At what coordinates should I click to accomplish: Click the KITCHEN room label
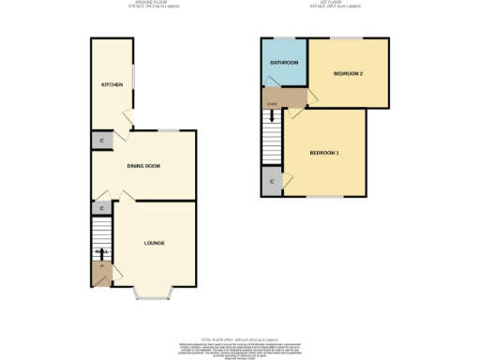[112, 84]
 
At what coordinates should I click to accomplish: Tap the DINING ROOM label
[144, 166]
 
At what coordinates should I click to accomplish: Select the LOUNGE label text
[155, 243]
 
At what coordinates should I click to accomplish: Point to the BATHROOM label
[284, 63]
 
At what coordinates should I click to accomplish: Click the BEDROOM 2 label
[348, 72]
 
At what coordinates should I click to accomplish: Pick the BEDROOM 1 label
[324, 152]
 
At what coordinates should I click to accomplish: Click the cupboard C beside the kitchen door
[102, 141]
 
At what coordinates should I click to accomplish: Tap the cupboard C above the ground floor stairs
[101, 209]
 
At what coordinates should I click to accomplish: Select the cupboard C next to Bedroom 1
[272, 181]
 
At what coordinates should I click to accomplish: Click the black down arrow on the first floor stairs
[272, 117]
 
